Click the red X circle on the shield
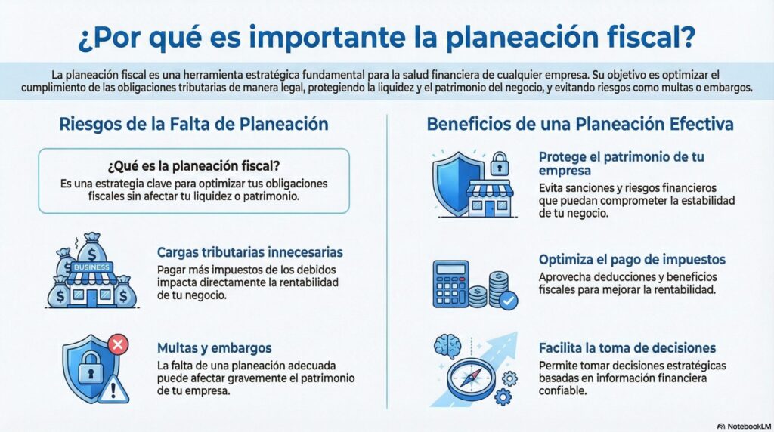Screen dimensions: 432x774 pos(118,345)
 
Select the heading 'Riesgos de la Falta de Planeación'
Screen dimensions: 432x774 pos(194,124)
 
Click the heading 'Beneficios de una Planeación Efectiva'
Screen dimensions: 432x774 pos(580,124)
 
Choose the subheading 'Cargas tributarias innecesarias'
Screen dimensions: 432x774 pos(250,252)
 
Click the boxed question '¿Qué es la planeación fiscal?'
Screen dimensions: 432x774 pos(193,167)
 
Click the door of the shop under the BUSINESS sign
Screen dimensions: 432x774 pos(91,297)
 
